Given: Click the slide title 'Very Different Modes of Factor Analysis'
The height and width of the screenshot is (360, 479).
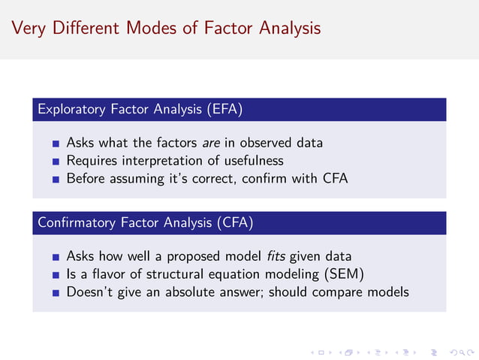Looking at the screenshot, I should tap(166, 29).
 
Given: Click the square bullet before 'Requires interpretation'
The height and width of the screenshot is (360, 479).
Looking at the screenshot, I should tap(56, 161).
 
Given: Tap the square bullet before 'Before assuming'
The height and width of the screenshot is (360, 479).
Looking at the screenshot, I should tap(56, 180).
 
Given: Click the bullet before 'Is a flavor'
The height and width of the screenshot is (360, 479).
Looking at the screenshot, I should tap(56, 274).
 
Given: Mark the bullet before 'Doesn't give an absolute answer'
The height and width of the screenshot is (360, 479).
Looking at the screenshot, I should tap(56, 293).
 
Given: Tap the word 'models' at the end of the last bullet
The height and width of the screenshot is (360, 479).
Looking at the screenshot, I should tap(388, 292).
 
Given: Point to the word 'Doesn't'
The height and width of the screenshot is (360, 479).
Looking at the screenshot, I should tap(89, 292).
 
